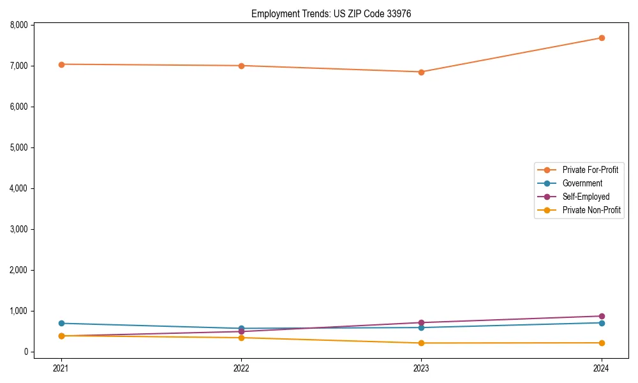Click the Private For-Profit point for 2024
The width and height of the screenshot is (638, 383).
click(x=601, y=38)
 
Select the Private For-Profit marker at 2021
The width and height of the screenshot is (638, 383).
click(x=61, y=64)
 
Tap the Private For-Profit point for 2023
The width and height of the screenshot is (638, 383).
click(x=421, y=72)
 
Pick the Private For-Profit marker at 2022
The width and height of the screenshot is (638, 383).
click(x=241, y=66)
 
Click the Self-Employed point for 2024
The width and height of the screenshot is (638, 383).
click(x=601, y=316)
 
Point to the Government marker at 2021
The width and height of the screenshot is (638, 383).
click(x=61, y=323)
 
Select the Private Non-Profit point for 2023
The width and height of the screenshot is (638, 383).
click(x=421, y=343)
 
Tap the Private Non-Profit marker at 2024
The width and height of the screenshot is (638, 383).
click(x=601, y=343)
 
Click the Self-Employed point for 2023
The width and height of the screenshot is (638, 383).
click(x=421, y=322)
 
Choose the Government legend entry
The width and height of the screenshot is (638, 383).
click(x=582, y=183)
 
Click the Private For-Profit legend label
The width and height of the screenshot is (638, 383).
click(x=590, y=170)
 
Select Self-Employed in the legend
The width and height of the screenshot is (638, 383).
click(x=586, y=197)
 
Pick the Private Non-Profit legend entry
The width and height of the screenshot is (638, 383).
click(x=591, y=210)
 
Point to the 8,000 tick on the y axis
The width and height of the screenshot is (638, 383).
click(x=19, y=25)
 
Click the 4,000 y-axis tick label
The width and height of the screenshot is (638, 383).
click(x=19, y=188)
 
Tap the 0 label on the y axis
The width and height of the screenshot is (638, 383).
click(x=26, y=352)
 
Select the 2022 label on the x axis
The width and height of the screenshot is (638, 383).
click(x=241, y=368)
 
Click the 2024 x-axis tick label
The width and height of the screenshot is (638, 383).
click(x=601, y=368)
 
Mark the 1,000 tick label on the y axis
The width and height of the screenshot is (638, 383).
click(x=19, y=311)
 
